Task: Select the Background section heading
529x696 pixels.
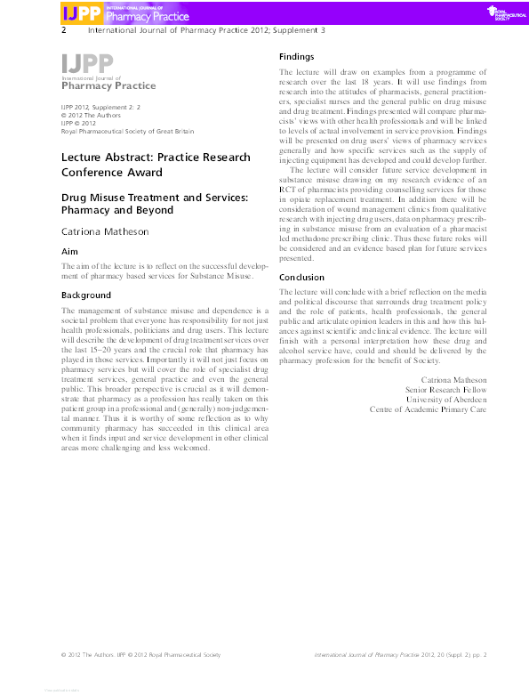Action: coord(85,295)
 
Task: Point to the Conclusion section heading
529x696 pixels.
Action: coord(302,277)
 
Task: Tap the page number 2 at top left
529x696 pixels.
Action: coord(63,29)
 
